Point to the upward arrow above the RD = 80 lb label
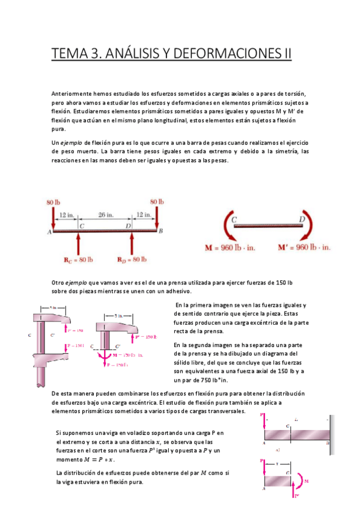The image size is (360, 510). click(132, 242)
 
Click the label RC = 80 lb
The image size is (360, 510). click(78, 260)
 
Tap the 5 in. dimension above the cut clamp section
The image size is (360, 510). click(120, 315)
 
